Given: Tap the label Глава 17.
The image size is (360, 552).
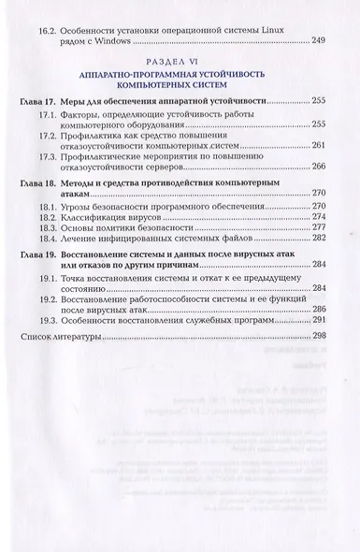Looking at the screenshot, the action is pos(41,98).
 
